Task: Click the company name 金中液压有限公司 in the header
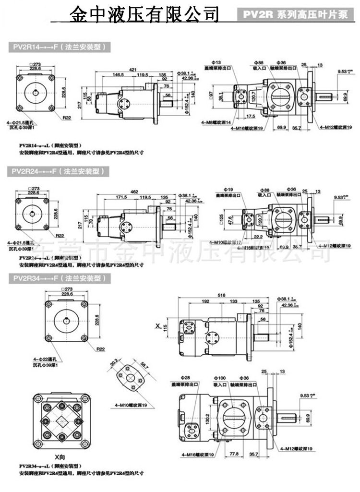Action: tap(144, 13)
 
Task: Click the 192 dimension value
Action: tap(205, 301)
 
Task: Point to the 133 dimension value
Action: tap(235, 301)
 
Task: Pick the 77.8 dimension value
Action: tap(234, 454)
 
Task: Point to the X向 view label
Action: tap(60, 456)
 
